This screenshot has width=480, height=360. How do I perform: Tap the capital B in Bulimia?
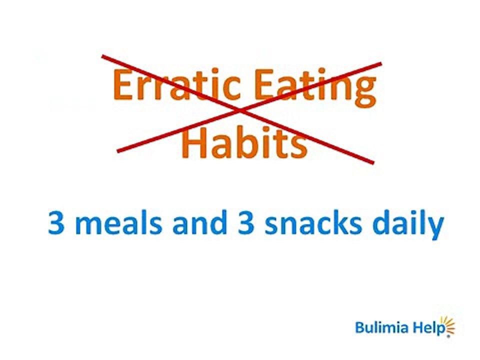359,327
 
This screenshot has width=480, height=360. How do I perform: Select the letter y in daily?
435,228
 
